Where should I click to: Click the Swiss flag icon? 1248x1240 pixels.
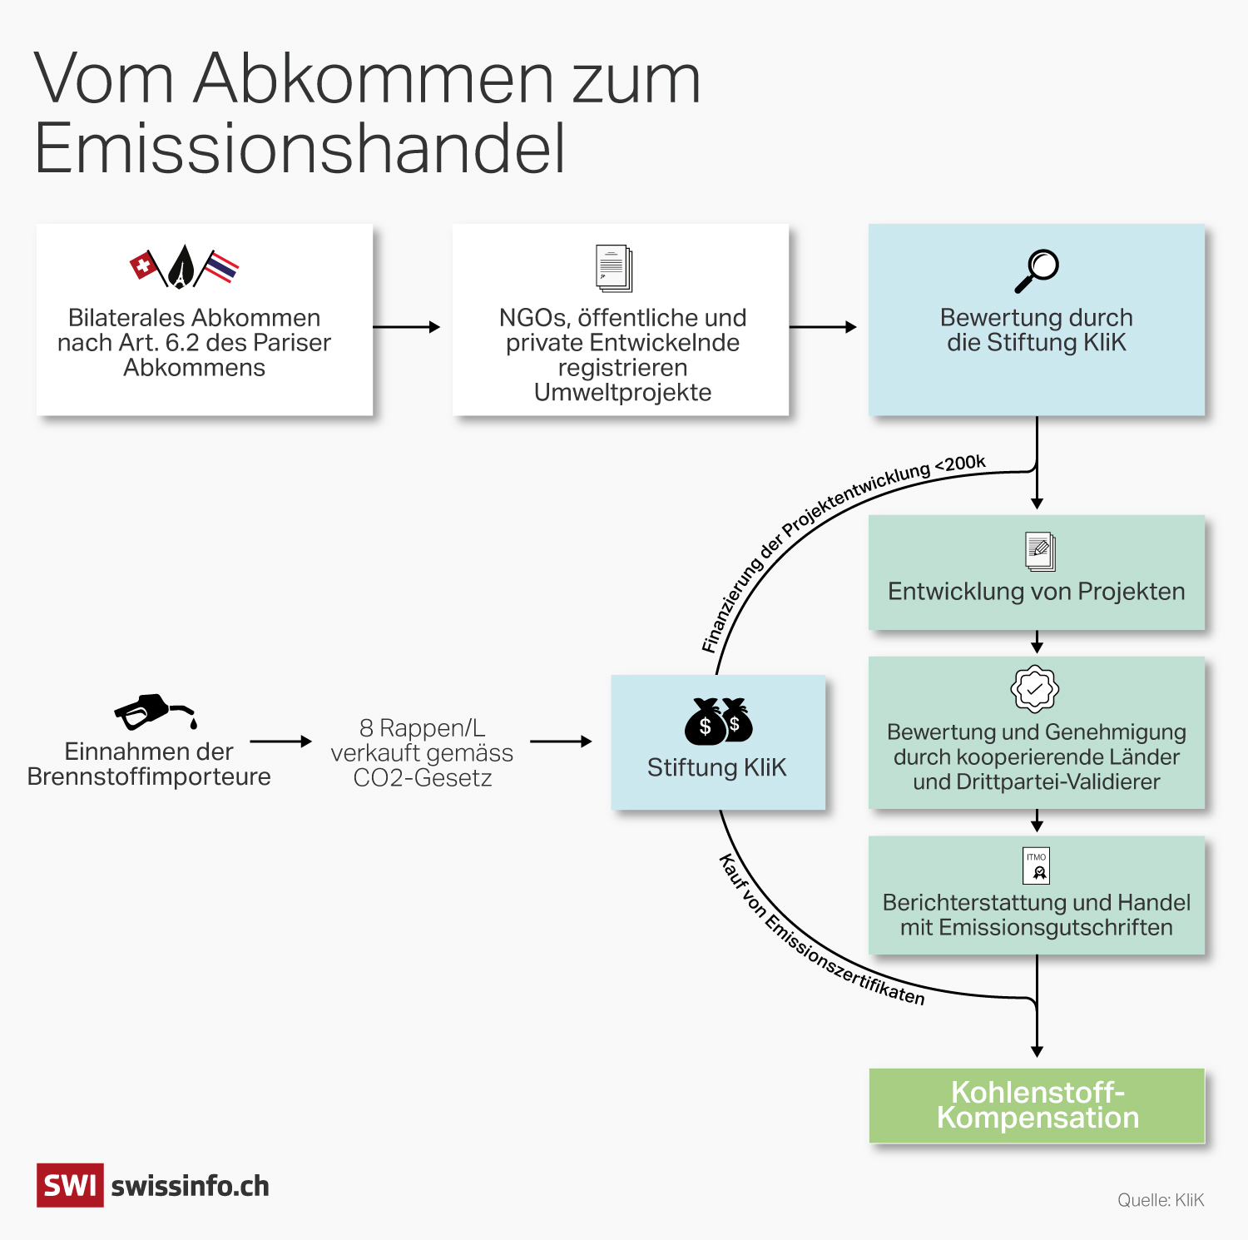pyautogui.click(x=145, y=266)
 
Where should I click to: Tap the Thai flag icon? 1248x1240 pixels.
pyautogui.click(x=221, y=267)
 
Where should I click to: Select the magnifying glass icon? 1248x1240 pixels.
pyautogui.click(x=1037, y=270)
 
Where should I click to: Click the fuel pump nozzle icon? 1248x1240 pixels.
pyautogui.click(x=155, y=712)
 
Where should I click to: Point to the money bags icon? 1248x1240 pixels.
pyautogui.click(x=718, y=722)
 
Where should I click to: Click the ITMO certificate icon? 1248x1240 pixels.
pyautogui.click(x=1036, y=866)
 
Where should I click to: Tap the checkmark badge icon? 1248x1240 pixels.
pyautogui.click(x=1034, y=689)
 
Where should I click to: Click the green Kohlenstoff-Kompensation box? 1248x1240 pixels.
pyautogui.click(x=1037, y=1105)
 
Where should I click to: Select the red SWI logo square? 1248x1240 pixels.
pyautogui.click(x=70, y=1185)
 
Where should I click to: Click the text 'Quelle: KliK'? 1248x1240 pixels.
pyautogui.click(x=1160, y=1200)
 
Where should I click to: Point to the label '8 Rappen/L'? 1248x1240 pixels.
pyautogui.click(x=422, y=728)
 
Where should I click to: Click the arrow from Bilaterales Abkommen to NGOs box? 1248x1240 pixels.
pyautogui.click(x=407, y=327)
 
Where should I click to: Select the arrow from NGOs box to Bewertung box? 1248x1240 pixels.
pyautogui.click(x=823, y=327)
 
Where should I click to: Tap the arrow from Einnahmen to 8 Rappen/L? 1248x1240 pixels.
pyautogui.click(x=280, y=741)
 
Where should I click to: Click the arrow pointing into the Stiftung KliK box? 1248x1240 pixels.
pyautogui.click(x=561, y=741)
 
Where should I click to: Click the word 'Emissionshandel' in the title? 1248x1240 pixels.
pyautogui.click(x=300, y=148)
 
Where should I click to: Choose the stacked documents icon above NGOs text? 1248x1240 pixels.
pyautogui.click(x=614, y=268)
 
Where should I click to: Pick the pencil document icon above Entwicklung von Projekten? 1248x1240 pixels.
pyautogui.click(x=1039, y=551)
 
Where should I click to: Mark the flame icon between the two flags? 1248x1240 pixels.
pyautogui.click(x=181, y=267)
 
